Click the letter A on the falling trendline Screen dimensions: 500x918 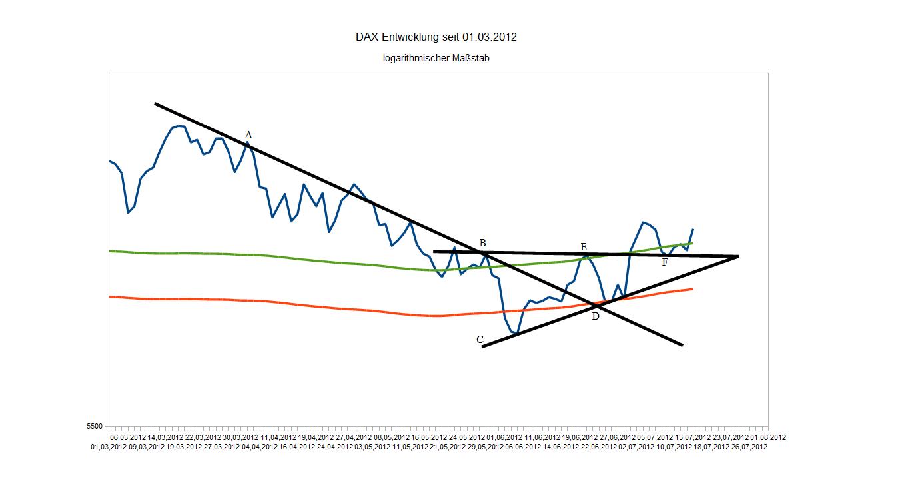click(248, 135)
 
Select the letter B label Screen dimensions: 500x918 click(482, 242)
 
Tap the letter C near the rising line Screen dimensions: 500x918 click(480, 340)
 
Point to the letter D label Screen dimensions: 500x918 click(596, 316)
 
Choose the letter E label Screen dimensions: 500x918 click(584, 247)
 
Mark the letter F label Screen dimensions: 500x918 click(665, 262)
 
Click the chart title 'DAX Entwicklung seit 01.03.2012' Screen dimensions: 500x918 click(436, 37)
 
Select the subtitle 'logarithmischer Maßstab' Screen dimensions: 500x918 click(436, 58)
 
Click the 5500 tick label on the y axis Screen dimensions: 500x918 click(95, 426)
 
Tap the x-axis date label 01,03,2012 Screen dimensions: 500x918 click(109, 447)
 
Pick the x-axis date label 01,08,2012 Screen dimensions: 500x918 click(768, 437)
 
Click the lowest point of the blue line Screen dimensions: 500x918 click(517, 333)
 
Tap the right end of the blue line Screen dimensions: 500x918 click(693, 229)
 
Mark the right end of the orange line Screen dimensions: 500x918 click(693, 289)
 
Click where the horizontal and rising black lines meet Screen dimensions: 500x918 click(738, 256)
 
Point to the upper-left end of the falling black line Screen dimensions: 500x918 click(155, 103)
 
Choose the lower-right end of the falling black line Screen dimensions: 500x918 click(682, 345)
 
